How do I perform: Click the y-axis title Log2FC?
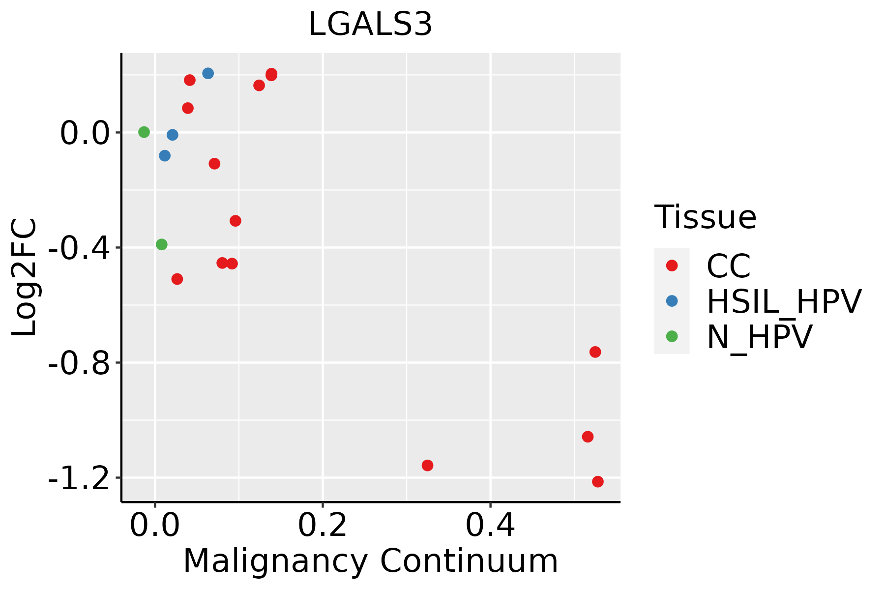(25, 277)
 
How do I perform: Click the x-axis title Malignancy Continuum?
(370, 561)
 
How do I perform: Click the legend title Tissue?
(705, 217)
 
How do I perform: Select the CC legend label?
(728, 266)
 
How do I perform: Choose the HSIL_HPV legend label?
(784, 301)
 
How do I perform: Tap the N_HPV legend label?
(759, 337)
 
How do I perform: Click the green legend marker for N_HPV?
(672, 336)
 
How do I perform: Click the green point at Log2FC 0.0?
(144, 132)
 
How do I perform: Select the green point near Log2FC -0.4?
(162, 244)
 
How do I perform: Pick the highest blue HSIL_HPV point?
(208, 73)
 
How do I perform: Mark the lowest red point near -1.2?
(598, 481)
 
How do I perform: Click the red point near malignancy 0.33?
(428, 465)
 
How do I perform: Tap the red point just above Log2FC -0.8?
(595, 352)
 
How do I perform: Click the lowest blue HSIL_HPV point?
(165, 156)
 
